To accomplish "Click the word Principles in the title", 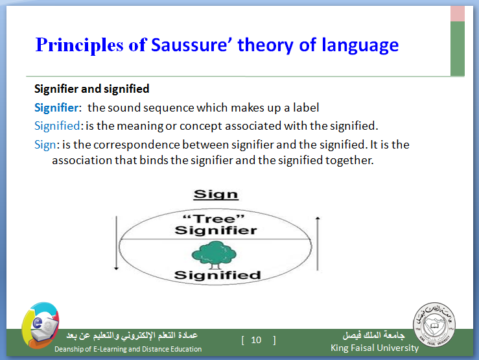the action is pyautogui.click(x=80, y=46).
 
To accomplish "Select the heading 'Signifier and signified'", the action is pyautogui.click(x=91, y=89).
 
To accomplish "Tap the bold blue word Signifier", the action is pyautogui.click(x=56, y=108).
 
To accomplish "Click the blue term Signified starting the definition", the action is pyautogui.click(x=57, y=126).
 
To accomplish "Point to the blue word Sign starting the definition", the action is pyautogui.click(x=45, y=145).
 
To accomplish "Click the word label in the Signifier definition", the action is pyautogui.click(x=306, y=108).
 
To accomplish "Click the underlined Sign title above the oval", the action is pyautogui.click(x=216, y=195).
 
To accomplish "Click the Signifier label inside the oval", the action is pyautogui.click(x=216, y=230).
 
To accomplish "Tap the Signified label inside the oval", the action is pyautogui.click(x=217, y=275).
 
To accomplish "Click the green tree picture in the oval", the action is pyautogui.click(x=214, y=255).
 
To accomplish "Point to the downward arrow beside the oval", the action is pyautogui.click(x=117, y=243).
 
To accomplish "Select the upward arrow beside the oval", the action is pyautogui.click(x=318, y=243).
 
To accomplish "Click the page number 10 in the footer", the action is pyautogui.click(x=256, y=340).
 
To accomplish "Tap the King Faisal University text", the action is pyautogui.click(x=375, y=348).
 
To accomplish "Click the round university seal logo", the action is pyautogui.click(x=434, y=325).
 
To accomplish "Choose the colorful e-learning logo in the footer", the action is pyautogui.click(x=40, y=326).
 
